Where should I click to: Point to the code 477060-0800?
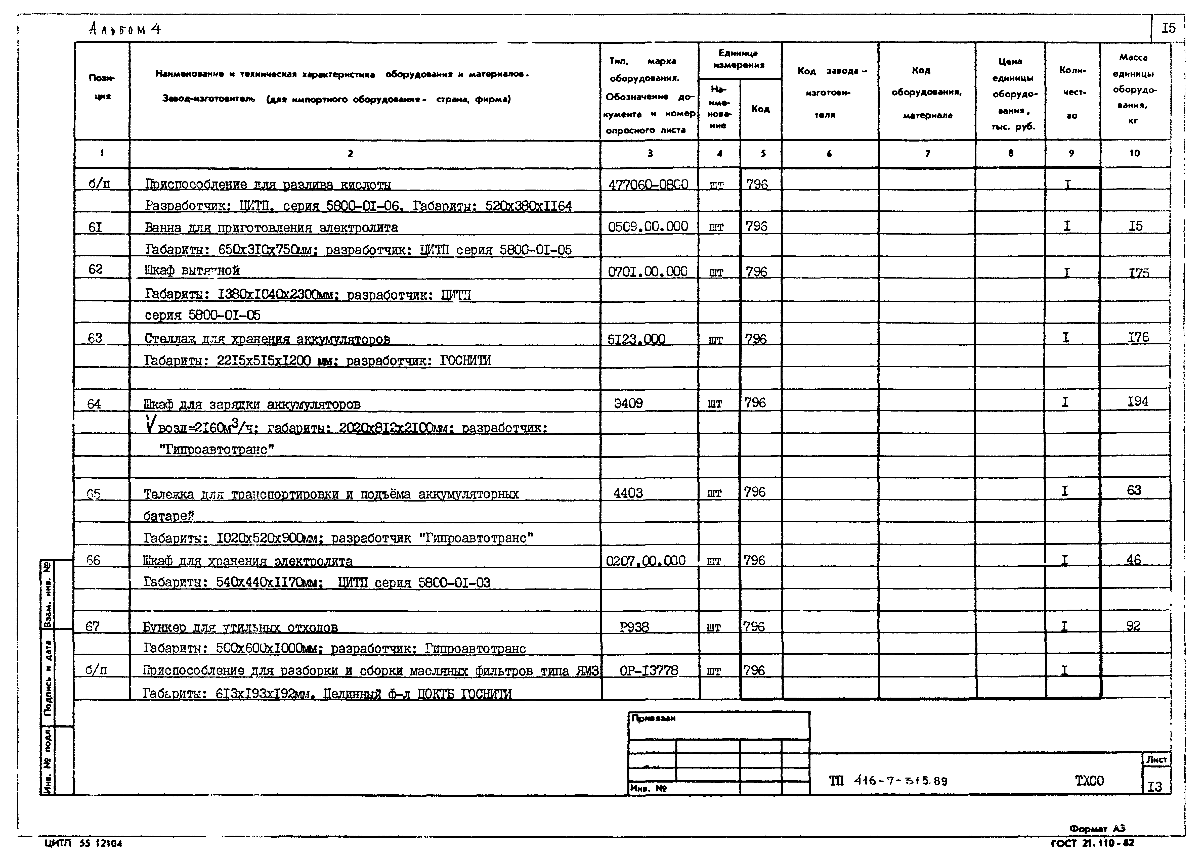click(x=648, y=185)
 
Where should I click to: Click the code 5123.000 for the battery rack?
click(x=636, y=339)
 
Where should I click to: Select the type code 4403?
click(x=628, y=493)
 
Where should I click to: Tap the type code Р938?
click(x=634, y=627)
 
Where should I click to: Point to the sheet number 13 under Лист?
click(x=1155, y=787)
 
